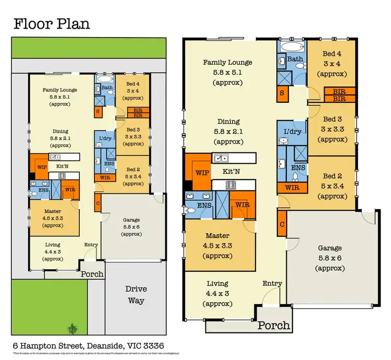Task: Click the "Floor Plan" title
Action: coord(52,24)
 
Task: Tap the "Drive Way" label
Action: coord(136,295)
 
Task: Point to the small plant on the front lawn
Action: coord(71,329)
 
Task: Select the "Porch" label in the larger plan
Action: coord(274,325)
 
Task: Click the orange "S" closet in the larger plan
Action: coord(282,93)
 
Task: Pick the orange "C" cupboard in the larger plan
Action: coord(282,224)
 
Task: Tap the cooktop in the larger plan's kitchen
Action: coord(231,185)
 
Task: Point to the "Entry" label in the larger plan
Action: coord(272,283)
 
